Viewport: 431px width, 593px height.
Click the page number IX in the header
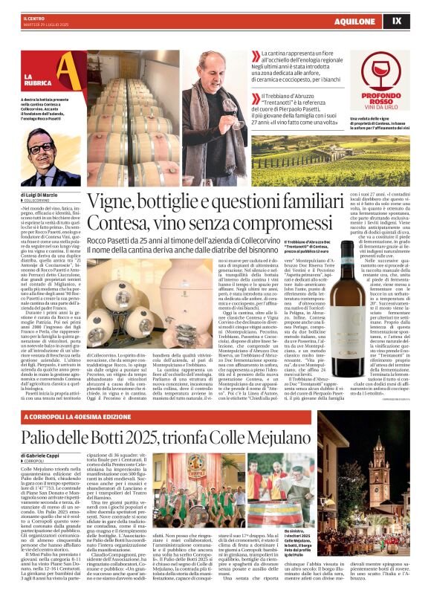pos(417,22)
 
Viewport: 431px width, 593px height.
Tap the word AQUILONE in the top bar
pos(376,22)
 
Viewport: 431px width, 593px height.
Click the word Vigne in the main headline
pos(117,202)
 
